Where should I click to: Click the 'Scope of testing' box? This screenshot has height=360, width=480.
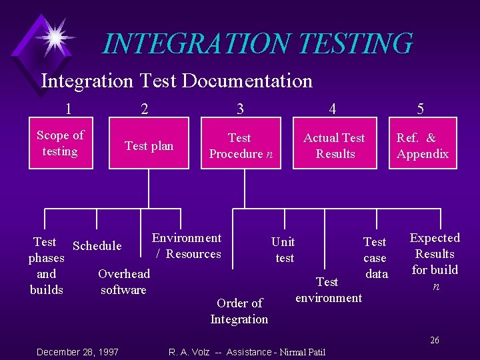(60, 143)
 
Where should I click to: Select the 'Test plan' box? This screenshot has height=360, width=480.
(149, 146)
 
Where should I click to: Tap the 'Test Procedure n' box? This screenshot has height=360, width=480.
(240, 146)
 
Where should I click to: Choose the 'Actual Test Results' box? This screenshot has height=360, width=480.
(334, 146)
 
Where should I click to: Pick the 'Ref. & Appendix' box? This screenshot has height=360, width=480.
(423, 146)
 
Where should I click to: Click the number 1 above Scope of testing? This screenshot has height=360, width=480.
(69, 108)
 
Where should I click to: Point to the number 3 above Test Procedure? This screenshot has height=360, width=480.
(240, 109)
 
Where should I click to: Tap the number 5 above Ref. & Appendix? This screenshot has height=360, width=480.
(420, 109)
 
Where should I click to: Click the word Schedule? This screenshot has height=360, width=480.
(97, 246)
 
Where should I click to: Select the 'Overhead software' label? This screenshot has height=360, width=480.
(124, 282)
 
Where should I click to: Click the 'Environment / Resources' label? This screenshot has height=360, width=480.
(187, 246)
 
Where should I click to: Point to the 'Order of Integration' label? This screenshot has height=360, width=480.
(239, 311)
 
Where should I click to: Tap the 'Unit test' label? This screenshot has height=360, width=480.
(284, 249)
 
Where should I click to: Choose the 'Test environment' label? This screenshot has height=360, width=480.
(329, 290)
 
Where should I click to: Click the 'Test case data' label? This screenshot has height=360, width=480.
(375, 258)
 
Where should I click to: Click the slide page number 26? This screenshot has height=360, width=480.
(434, 340)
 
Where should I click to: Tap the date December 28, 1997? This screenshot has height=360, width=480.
(78, 351)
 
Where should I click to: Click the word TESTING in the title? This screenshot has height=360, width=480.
(355, 44)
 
